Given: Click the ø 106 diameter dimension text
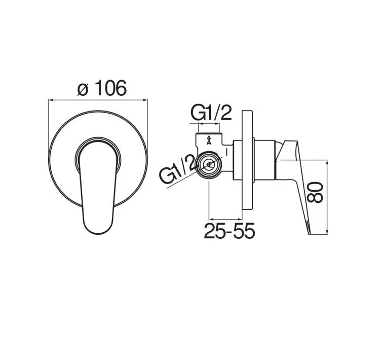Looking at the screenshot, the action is coord(102,88).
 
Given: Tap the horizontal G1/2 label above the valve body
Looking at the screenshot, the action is coord(211,113).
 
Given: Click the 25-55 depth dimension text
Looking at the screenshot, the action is coord(230,231).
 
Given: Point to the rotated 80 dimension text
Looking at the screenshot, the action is coord(315,193).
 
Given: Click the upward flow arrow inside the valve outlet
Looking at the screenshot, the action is coord(209,140).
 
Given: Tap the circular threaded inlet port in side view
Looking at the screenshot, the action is coord(209,165).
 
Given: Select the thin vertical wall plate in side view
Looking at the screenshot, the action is coord(248,160).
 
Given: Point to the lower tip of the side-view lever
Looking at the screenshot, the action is coord(309,234).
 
